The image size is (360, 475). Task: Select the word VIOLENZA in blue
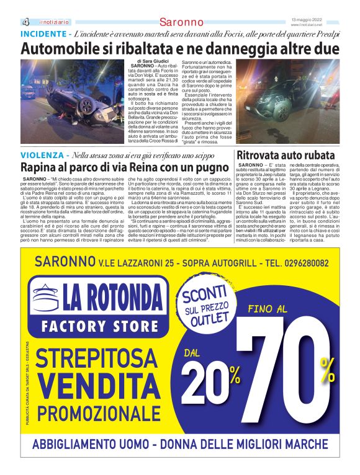pos(42,154)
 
